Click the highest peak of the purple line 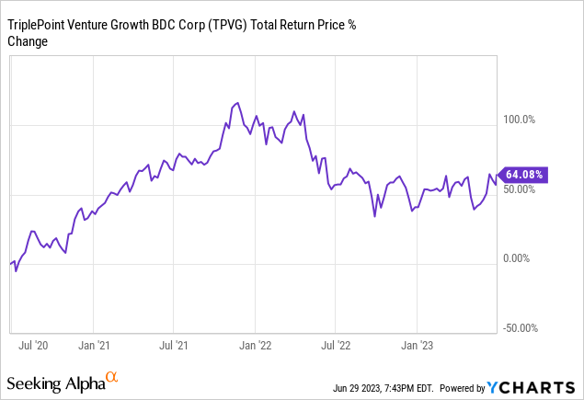click(x=237, y=103)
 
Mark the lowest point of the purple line click(x=16, y=272)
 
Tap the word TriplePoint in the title click(x=39, y=25)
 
